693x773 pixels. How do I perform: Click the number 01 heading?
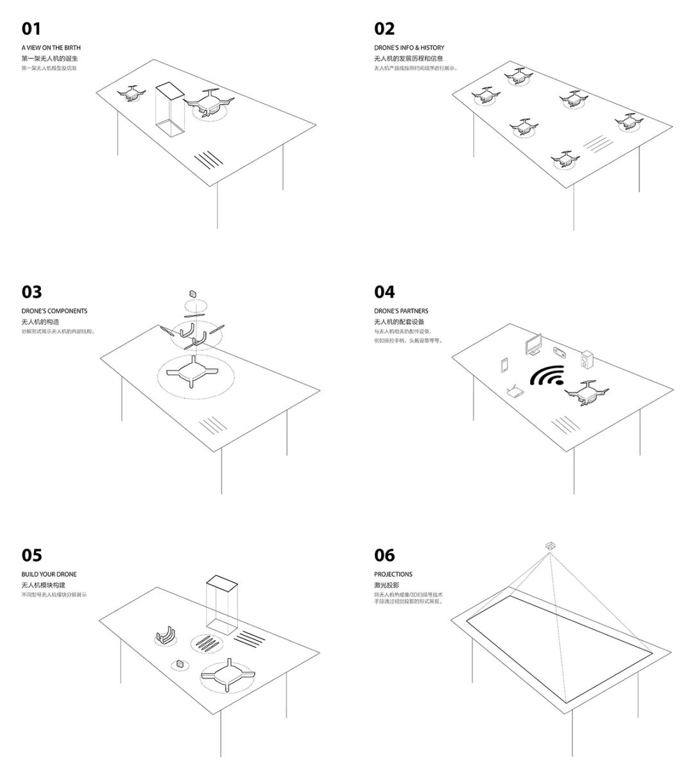(x=31, y=29)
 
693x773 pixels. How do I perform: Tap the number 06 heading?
(x=384, y=556)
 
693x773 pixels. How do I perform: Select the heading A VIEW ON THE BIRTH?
(x=51, y=47)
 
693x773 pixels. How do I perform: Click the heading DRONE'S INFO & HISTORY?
(x=409, y=47)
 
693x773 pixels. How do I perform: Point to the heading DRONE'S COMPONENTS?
(x=55, y=311)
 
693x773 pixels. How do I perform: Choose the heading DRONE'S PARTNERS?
(x=401, y=311)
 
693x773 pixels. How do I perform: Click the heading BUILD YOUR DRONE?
(x=49, y=574)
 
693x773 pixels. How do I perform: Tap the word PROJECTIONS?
(x=393, y=574)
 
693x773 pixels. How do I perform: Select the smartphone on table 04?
(x=504, y=365)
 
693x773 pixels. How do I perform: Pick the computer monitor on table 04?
(x=533, y=344)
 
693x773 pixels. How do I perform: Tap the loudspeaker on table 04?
(x=588, y=361)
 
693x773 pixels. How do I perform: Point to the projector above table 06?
(x=550, y=546)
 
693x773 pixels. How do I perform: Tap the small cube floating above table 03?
(x=194, y=293)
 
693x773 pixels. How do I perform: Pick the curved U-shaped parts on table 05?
(x=167, y=635)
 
